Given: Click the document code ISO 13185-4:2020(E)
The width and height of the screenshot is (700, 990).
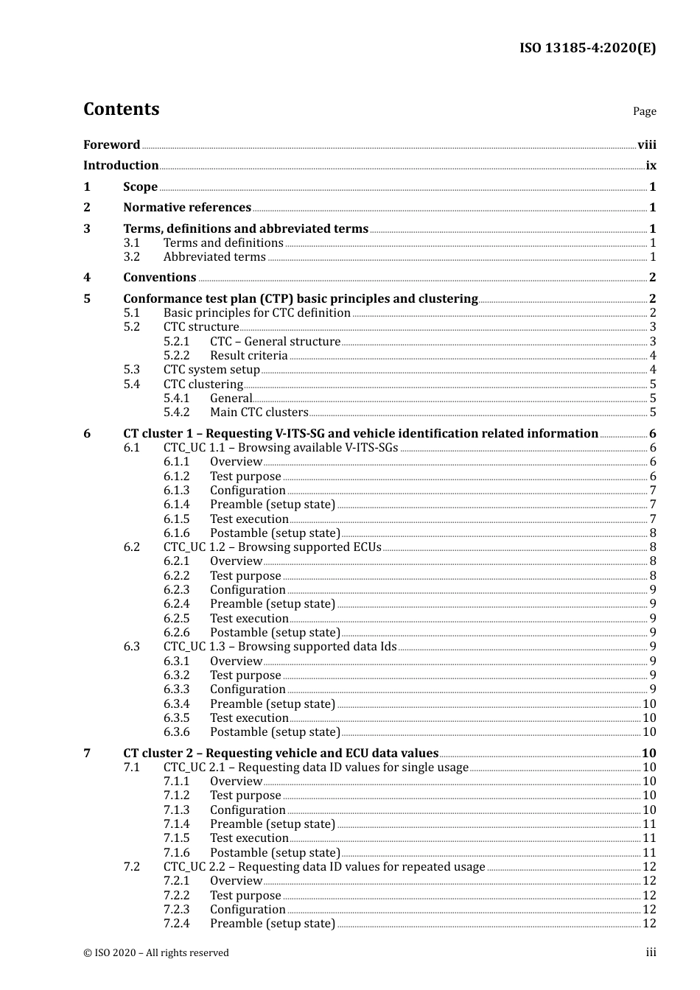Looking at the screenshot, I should coord(587,48).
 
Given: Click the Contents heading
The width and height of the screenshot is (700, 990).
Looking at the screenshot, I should coord(121,109).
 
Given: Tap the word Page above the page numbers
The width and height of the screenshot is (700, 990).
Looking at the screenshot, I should coord(644,111).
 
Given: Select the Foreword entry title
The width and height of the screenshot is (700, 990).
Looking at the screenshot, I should coord(111,144).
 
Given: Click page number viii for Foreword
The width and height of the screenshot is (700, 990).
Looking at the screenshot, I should coord(646,144).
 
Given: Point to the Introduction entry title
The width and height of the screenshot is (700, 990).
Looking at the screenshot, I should coord(121,165).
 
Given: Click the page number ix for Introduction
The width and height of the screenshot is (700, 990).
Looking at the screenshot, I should coord(651,165).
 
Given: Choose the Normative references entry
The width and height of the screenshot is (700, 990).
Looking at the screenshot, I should coord(187,207).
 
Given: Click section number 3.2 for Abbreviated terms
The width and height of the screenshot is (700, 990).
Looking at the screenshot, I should coord(131,256).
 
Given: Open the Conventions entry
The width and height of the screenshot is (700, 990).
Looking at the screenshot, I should coord(160,277).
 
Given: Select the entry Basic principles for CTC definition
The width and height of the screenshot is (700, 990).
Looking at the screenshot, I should coord(256,312).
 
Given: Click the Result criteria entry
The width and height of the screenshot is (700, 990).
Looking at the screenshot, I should coord(248,355).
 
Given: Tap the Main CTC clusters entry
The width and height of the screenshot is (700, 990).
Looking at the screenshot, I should coord(259,412).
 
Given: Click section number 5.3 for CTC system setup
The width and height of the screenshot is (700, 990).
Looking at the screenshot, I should coord(131,369).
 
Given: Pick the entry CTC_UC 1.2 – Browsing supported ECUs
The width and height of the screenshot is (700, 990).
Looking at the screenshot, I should coord(272,547).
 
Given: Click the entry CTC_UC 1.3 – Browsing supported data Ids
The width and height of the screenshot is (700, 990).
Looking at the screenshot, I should coord(279,646).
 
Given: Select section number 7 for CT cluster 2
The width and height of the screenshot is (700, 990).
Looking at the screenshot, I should coord(87,753).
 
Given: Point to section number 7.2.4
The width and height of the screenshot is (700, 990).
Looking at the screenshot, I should coord(176,923).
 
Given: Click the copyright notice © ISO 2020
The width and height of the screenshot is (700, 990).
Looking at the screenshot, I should coord(155,952).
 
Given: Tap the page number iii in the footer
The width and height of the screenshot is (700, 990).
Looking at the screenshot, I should coord(651,952).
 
